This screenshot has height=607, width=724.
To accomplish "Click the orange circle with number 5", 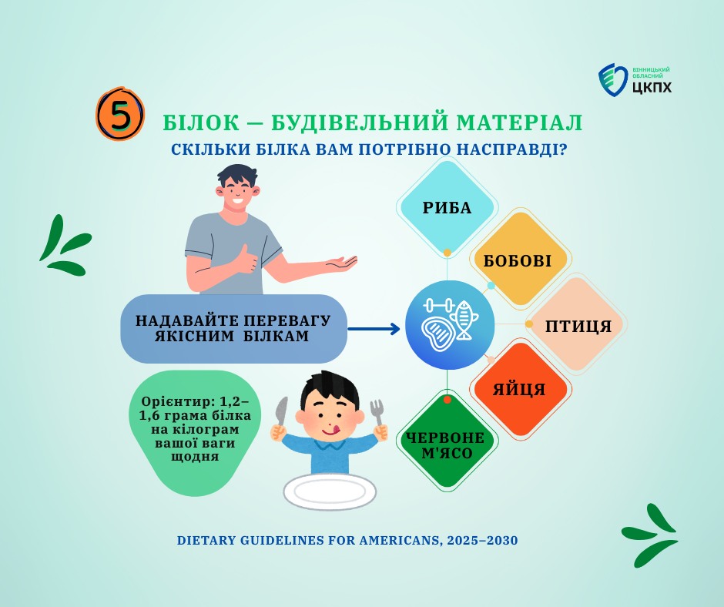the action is pos(120,114).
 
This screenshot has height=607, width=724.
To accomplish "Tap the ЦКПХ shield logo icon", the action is pos(614,80).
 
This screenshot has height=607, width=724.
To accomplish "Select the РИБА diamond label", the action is pos(447,208).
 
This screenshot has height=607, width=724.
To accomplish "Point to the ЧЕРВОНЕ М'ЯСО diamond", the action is pos(447,441).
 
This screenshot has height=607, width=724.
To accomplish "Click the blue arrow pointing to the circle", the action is pos(374,329).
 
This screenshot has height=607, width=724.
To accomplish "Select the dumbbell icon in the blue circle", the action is pos(439,305).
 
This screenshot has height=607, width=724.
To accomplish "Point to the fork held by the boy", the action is pos(378,413).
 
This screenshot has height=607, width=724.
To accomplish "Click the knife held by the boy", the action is pos(280,411).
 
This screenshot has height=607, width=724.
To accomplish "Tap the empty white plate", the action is pos(330,491).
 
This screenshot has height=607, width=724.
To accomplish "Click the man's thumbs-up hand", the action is pos(246,260).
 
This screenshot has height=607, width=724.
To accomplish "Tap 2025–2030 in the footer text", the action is pos(482,540).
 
